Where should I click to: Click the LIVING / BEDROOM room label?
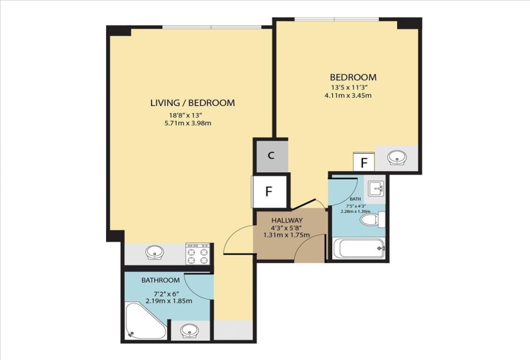(192, 103)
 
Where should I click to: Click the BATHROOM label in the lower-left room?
(160, 280)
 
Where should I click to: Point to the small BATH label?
(355, 199)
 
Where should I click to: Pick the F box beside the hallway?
(270, 191)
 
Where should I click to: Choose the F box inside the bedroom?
(364, 163)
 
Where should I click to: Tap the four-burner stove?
(198, 254)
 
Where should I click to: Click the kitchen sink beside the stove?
(154, 253)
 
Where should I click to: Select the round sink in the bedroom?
(396, 157)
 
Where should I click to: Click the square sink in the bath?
(376, 188)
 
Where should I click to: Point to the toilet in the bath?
(373, 220)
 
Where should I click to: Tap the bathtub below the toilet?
(359, 249)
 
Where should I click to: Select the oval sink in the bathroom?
(190, 330)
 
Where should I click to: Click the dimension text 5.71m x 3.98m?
(188, 123)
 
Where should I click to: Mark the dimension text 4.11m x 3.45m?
(348, 95)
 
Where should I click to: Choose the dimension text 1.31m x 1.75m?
(287, 235)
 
